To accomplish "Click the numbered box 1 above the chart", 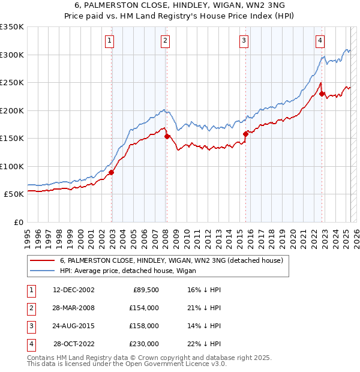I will [x=110, y=41].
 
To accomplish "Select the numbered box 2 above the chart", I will [x=165, y=41].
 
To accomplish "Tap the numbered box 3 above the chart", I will [x=244, y=41].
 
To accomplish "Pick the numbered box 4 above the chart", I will [x=320, y=41].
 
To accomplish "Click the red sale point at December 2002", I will [x=112, y=172].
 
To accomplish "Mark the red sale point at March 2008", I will [x=167, y=136].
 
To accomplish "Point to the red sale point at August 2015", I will [x=245, y=134].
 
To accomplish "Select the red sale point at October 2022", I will [x=322, y=94].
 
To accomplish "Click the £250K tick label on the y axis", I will [x=12, y=82].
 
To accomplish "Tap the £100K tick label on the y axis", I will [x=12, y=166].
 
